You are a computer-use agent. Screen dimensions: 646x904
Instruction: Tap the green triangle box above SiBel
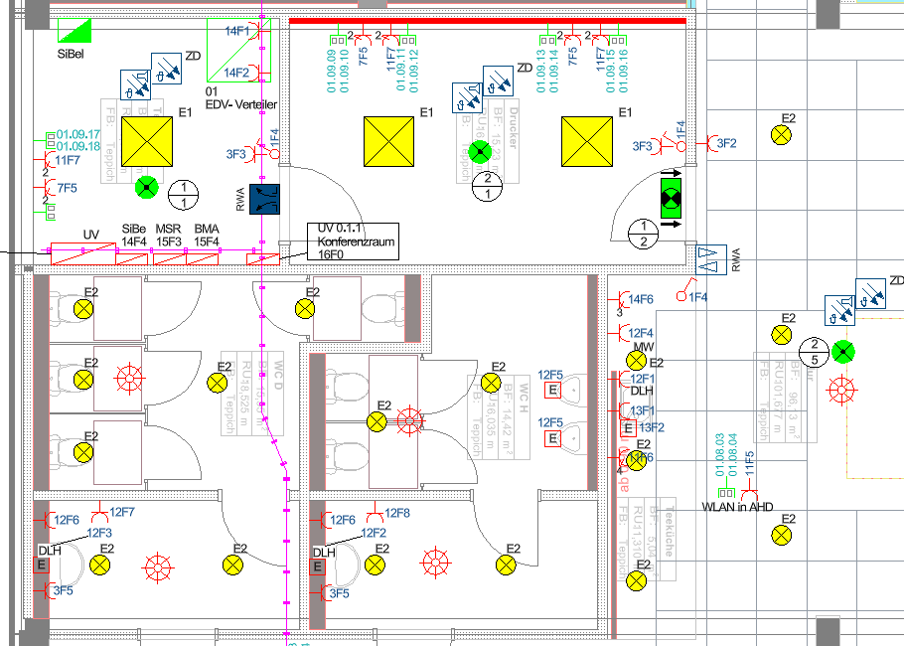coord(76,30)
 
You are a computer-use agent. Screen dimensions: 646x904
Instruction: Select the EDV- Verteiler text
coord(240,104)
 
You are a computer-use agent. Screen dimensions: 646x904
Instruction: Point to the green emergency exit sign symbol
coord(673,193)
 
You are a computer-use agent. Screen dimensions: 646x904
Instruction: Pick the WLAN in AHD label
coord(736,507)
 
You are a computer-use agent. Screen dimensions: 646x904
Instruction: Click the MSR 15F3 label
coord(168,236)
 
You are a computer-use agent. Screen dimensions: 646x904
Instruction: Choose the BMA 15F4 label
coord(207,236)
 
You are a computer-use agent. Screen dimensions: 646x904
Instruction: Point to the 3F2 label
coord(726,143)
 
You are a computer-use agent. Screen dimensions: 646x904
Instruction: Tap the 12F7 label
coord(121,512)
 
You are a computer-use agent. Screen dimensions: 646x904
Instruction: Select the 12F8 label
coord(397,513)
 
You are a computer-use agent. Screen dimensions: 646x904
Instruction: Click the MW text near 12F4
coord(645,347)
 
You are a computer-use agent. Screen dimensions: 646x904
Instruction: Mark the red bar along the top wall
coord(487,20)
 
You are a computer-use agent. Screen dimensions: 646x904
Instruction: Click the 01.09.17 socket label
coord(78,134)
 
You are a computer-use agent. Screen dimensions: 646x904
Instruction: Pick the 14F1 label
coord(236,32)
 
